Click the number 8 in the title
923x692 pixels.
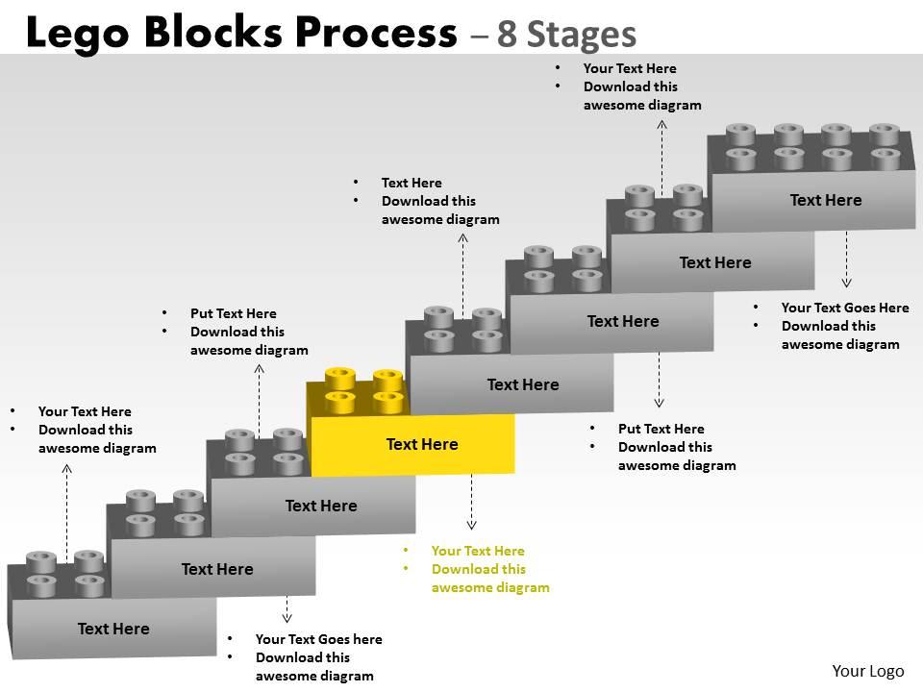coord(509,35)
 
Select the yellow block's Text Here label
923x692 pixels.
coord(422,444)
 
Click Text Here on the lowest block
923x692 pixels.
coord(113,629)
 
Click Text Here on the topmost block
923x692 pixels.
coord(826,200)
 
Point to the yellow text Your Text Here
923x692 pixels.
coord(478,551)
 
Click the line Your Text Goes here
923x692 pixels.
coord(318,639)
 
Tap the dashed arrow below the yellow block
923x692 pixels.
coord(471,502)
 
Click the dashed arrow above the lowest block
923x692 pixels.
coord(66,509)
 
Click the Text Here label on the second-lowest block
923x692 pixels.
coord(217,569)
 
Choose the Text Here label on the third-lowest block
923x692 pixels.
coord(321,506)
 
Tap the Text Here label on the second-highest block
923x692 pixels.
coord(715,262)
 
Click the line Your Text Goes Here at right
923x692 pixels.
coord(845,308)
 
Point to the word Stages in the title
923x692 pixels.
coord(584,35)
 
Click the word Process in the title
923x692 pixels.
coord(369,34)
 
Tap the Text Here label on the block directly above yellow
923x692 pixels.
coord(523,384)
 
